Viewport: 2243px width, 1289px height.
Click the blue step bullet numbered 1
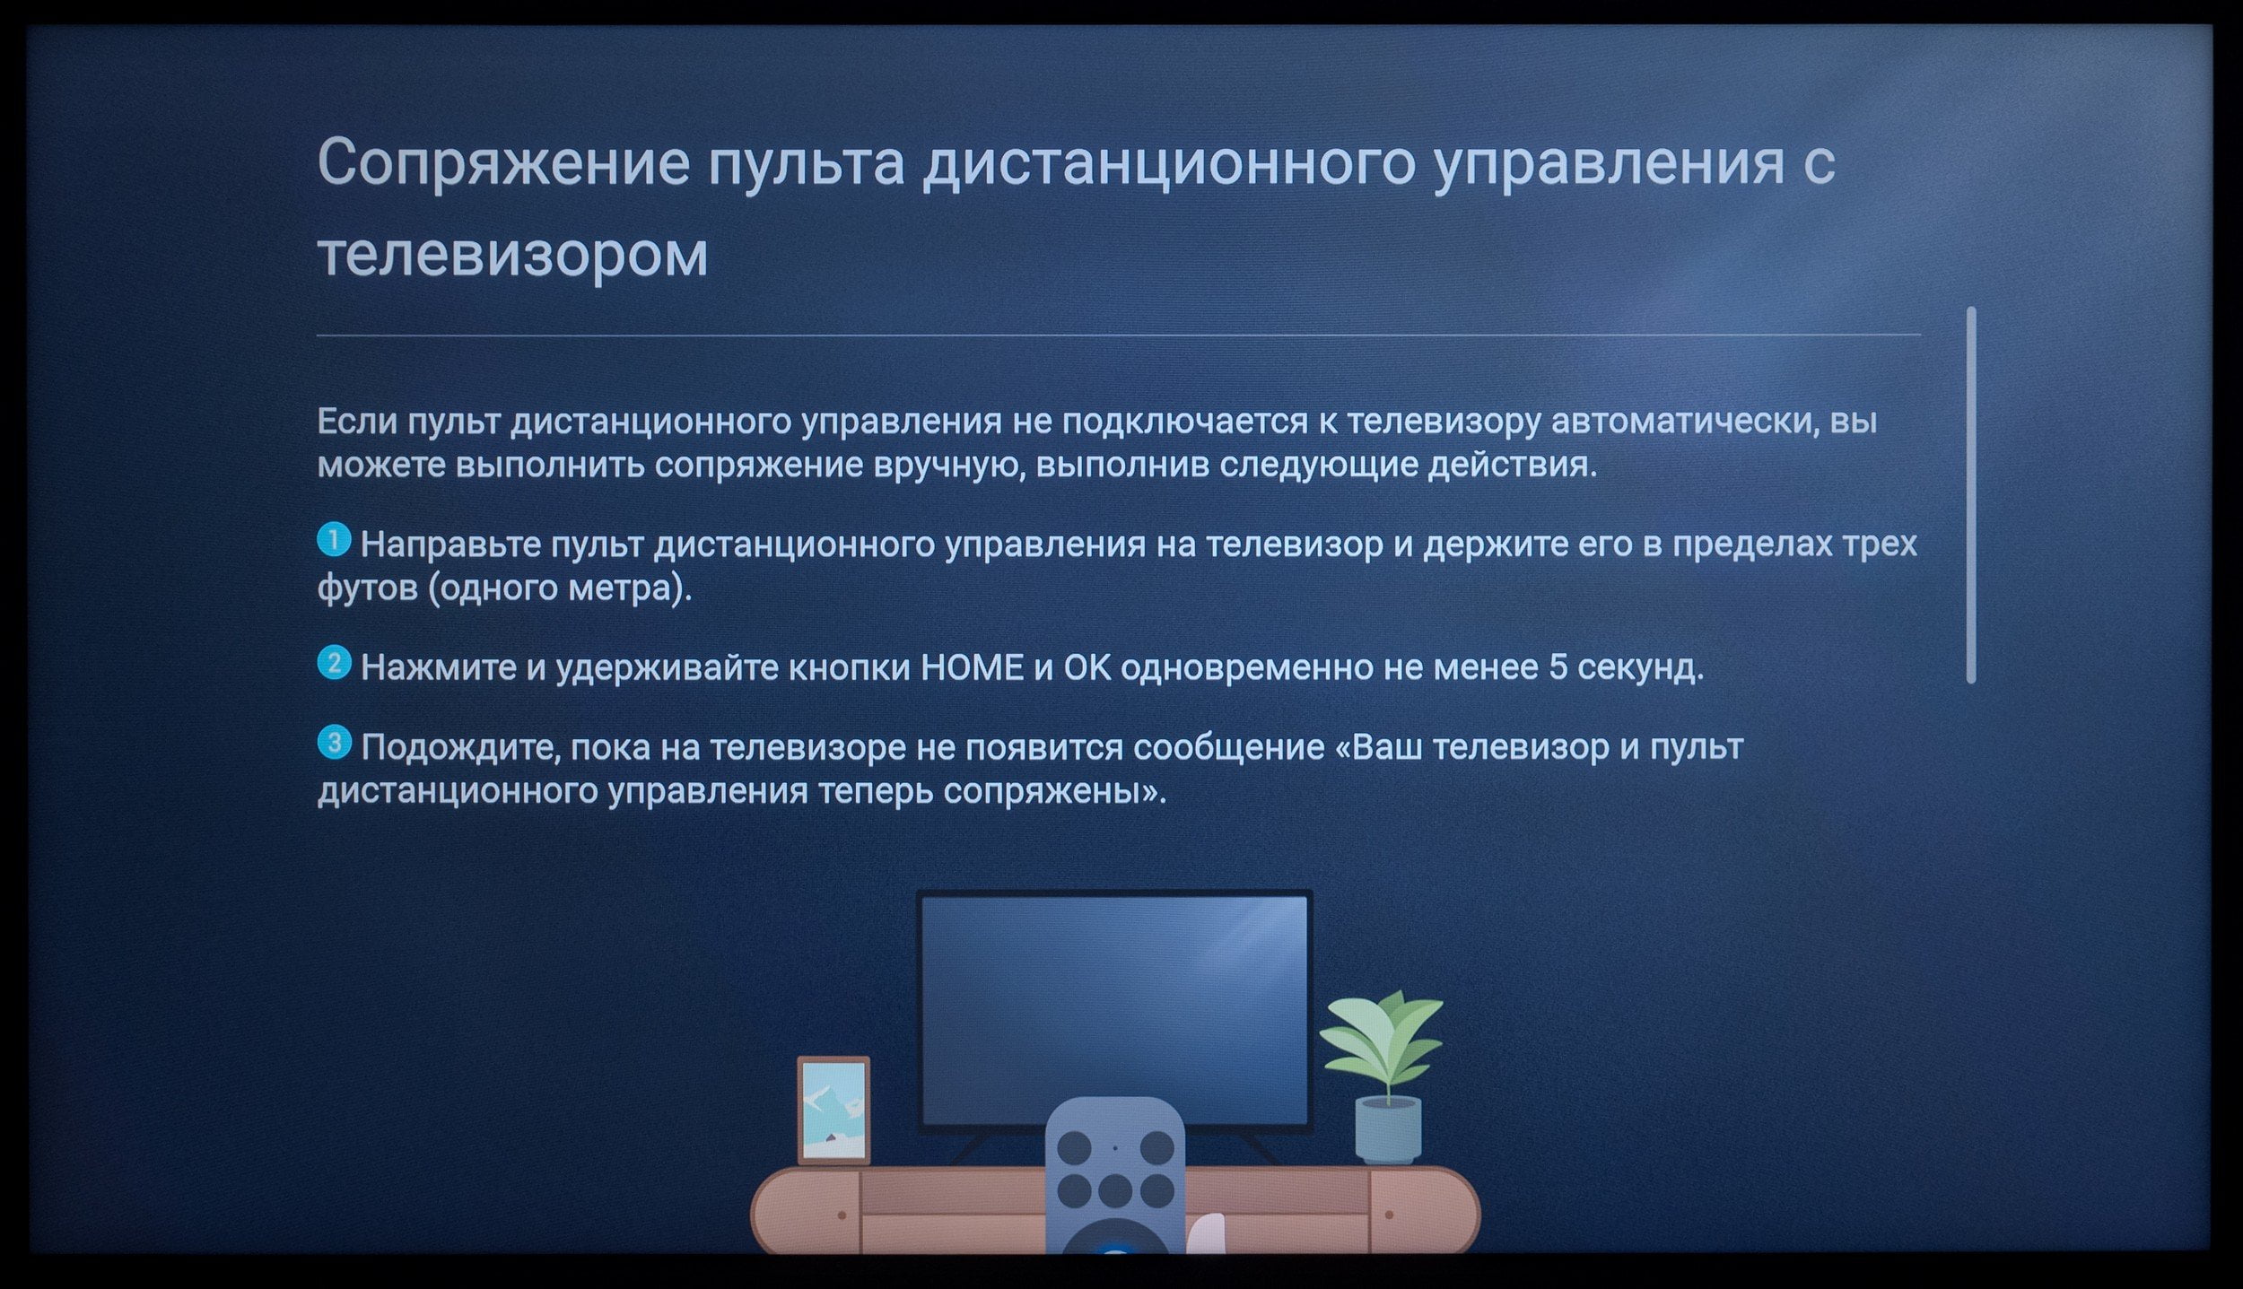point(334,541)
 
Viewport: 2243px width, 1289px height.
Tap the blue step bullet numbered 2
point(334,664)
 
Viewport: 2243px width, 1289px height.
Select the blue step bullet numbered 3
point(334,743)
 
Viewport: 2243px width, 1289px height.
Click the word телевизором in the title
point(513,254)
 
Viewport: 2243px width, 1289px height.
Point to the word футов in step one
point(367,589)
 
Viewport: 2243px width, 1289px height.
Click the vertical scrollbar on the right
point(1971,495)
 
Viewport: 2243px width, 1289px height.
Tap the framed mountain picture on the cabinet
point(833,1110)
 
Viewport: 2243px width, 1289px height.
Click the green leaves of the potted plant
point(1382,1041)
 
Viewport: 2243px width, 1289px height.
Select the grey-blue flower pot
point(1388,1130)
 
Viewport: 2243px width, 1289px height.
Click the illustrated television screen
point(1114,1009)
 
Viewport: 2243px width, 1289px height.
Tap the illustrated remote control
point(1114,1177)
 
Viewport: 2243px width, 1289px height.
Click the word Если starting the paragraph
point(357,422)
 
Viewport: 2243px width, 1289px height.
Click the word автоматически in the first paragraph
point(1687,422)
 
